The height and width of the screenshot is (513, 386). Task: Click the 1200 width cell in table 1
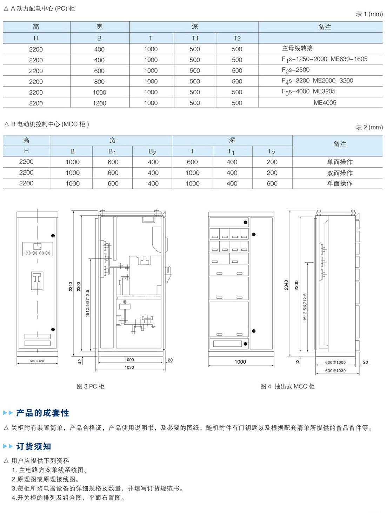99,103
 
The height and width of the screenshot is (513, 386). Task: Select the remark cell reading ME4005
325,103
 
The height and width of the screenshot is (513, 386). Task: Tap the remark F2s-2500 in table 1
295,70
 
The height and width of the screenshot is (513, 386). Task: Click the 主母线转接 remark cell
297,48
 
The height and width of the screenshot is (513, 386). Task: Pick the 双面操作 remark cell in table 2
340,173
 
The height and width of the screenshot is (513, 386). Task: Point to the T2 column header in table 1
237,38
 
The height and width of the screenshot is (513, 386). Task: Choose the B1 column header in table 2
112,151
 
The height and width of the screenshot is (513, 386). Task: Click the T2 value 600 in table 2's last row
272,183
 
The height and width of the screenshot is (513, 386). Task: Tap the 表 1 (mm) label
369,14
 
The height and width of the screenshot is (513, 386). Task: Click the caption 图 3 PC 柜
91,386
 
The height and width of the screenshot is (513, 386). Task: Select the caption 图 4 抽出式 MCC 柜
287,386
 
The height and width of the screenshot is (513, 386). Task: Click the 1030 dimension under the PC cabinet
129,367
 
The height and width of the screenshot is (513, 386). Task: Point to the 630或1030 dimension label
335,371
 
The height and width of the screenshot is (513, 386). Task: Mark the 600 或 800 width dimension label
37,361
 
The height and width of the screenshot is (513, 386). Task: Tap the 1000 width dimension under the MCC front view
240,362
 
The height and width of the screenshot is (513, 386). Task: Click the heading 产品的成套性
42,413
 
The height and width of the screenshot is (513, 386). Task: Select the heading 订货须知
34,446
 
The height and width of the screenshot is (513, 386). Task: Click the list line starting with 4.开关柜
68,498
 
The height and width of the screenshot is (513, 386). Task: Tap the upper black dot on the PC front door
53,236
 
